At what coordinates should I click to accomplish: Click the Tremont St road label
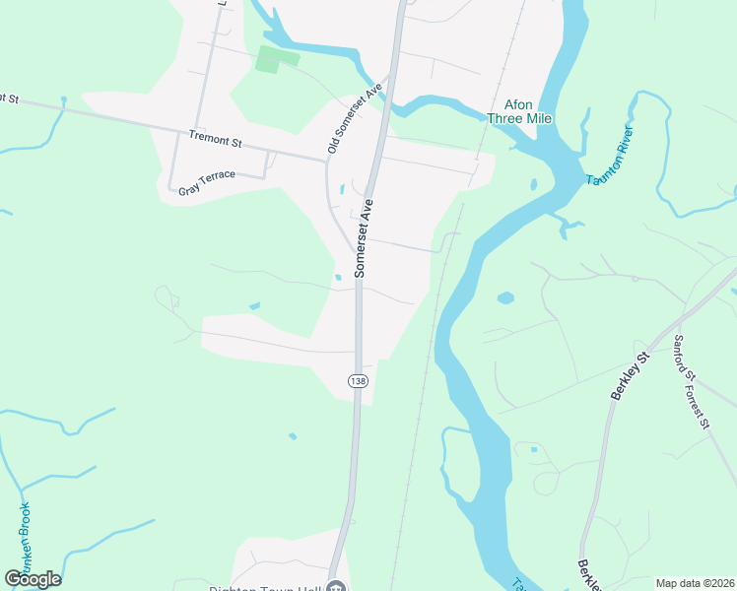[215, 142]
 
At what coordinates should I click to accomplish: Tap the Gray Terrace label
[207, 182]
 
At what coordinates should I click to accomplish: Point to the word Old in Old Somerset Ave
[333, 146]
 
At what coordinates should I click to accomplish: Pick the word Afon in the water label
[518, 103]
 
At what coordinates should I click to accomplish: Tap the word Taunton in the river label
[606, 166]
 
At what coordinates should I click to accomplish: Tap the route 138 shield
[357, 380]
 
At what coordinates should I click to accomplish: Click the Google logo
[33, 579]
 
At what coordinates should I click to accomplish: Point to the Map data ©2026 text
[695, 583]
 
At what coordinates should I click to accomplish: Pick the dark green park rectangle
[267, 60]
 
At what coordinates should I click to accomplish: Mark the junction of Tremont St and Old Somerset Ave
[327, 161]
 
